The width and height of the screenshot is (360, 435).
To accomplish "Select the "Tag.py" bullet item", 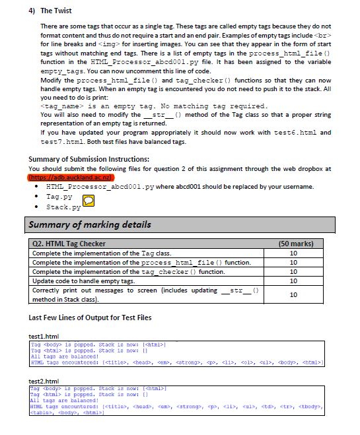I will click(x=59, y=197).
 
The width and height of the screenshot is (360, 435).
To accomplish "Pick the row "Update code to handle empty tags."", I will click(x=83, y=281).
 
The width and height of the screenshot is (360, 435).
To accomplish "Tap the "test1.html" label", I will click(x=43, y=336).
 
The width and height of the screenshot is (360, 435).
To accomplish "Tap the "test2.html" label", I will click(x=43, y=382).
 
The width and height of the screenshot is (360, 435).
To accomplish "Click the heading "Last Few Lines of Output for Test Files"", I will click(x=90, y=318).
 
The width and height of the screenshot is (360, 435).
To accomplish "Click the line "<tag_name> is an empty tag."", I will click(x=153, y=106).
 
